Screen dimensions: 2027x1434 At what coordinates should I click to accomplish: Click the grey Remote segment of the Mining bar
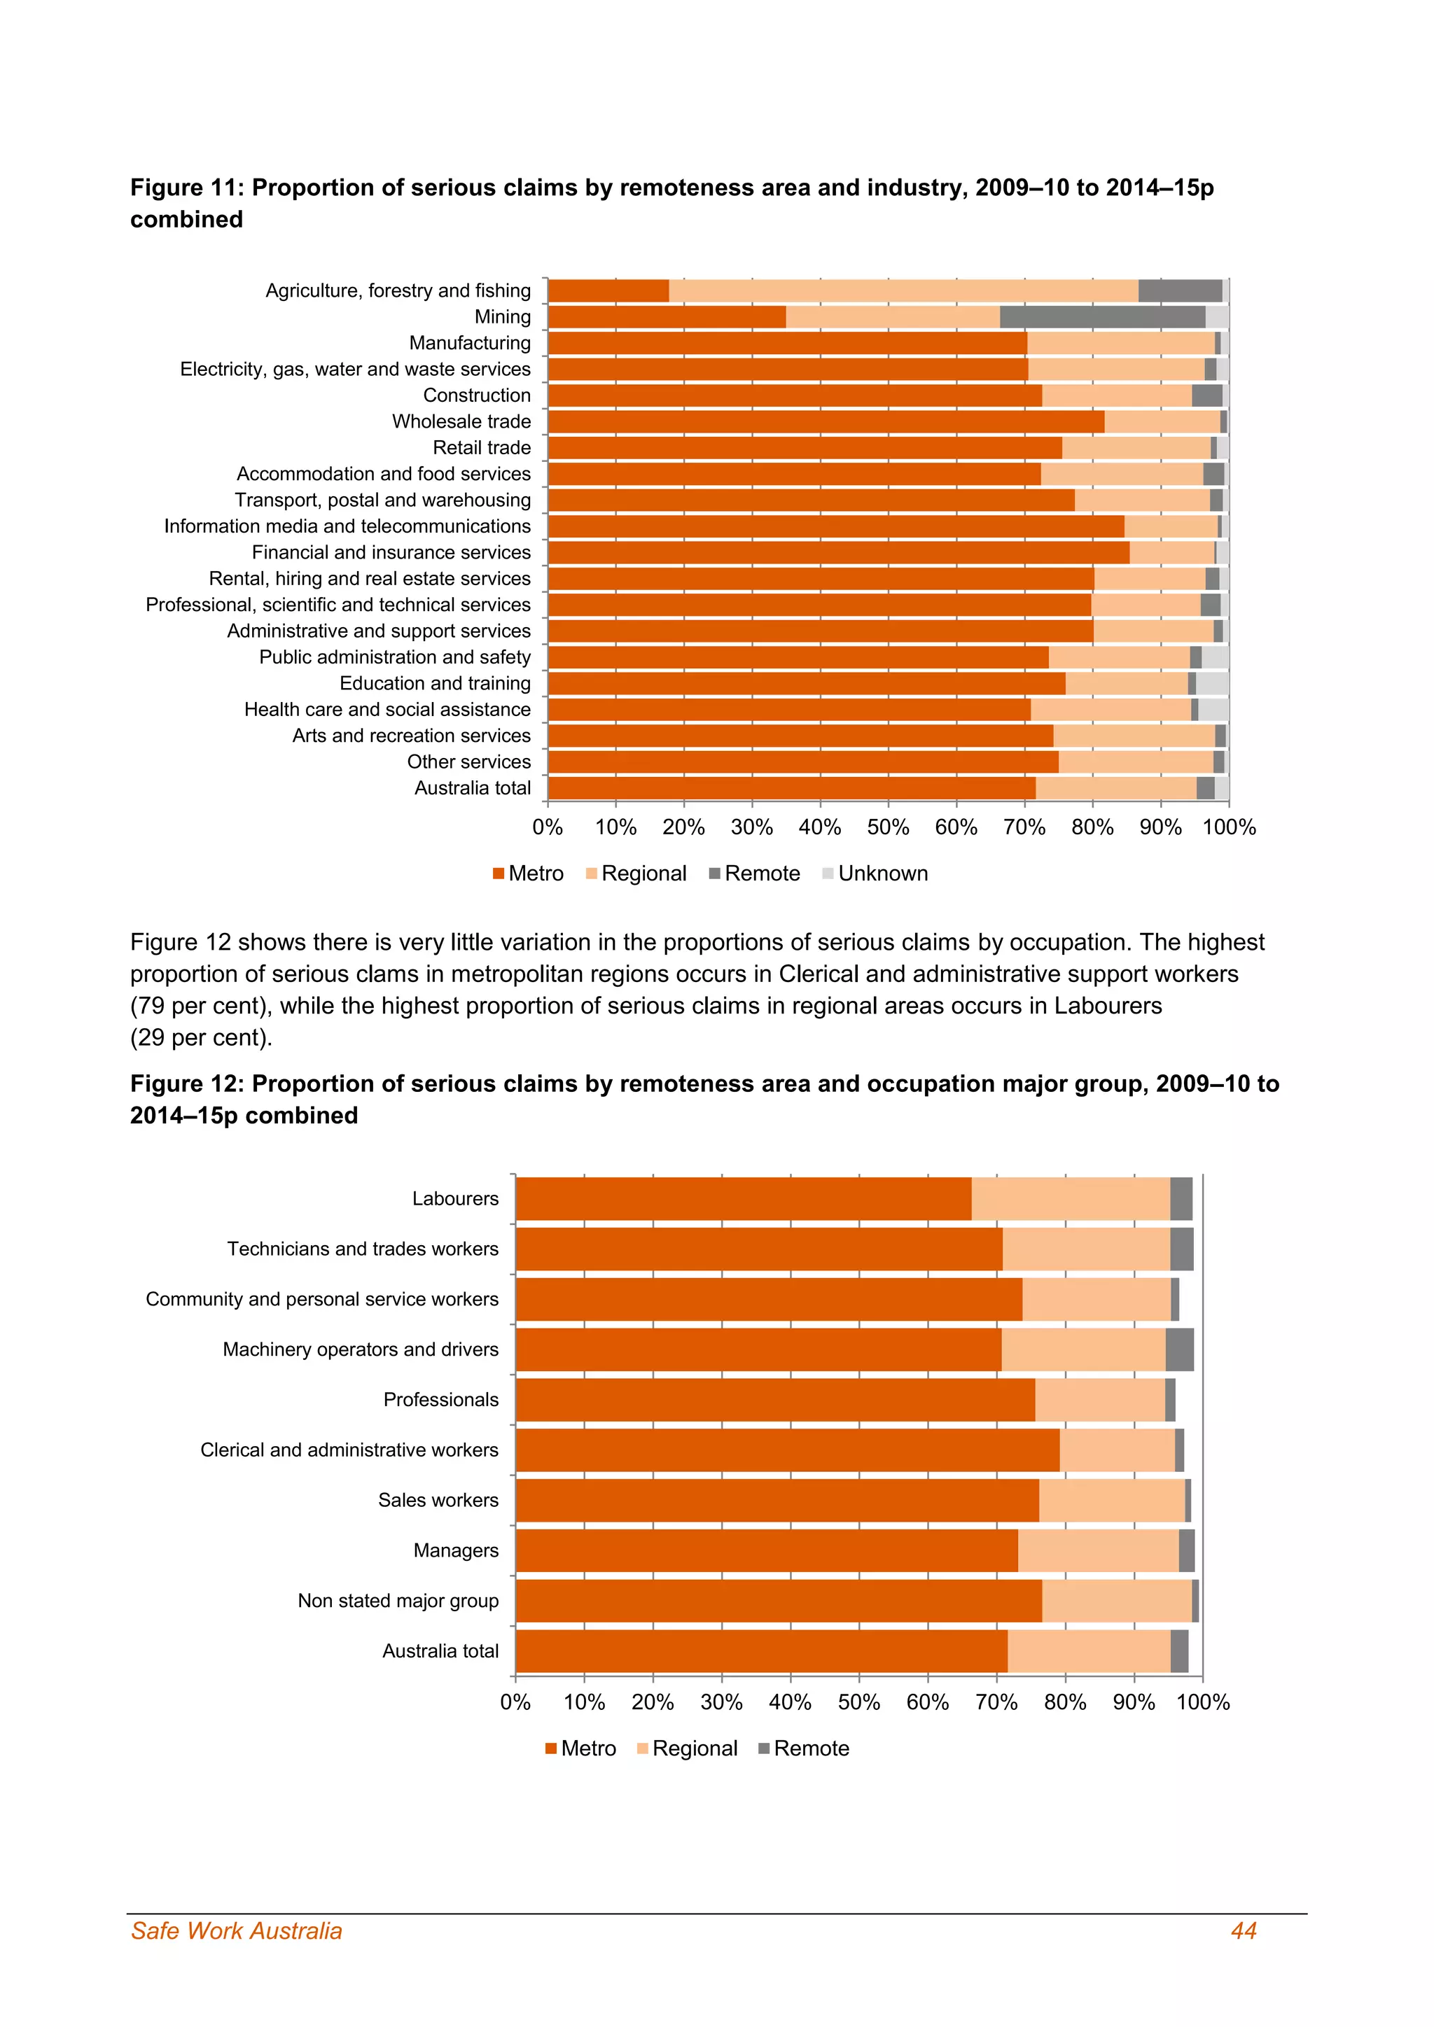tap(1102, 317)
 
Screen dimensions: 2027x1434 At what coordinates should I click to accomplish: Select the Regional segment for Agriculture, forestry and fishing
tap(903, 290)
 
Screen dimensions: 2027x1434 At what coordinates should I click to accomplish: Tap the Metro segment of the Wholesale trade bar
tap(826, 422)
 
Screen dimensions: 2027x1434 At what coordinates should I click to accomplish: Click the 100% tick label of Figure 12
tap(1203, 1702)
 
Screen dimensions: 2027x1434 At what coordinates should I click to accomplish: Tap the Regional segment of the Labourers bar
tap(1070, 1198)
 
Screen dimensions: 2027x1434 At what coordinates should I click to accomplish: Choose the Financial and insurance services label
tap(391, 553)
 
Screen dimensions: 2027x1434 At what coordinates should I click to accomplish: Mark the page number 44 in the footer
tap(1244, 1931)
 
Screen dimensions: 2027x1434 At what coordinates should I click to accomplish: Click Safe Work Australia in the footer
tap(237, 1931)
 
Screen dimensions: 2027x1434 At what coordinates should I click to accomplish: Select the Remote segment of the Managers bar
tap(1186, 1550)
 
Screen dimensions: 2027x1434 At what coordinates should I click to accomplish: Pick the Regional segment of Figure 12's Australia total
tap(1088, 1651)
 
